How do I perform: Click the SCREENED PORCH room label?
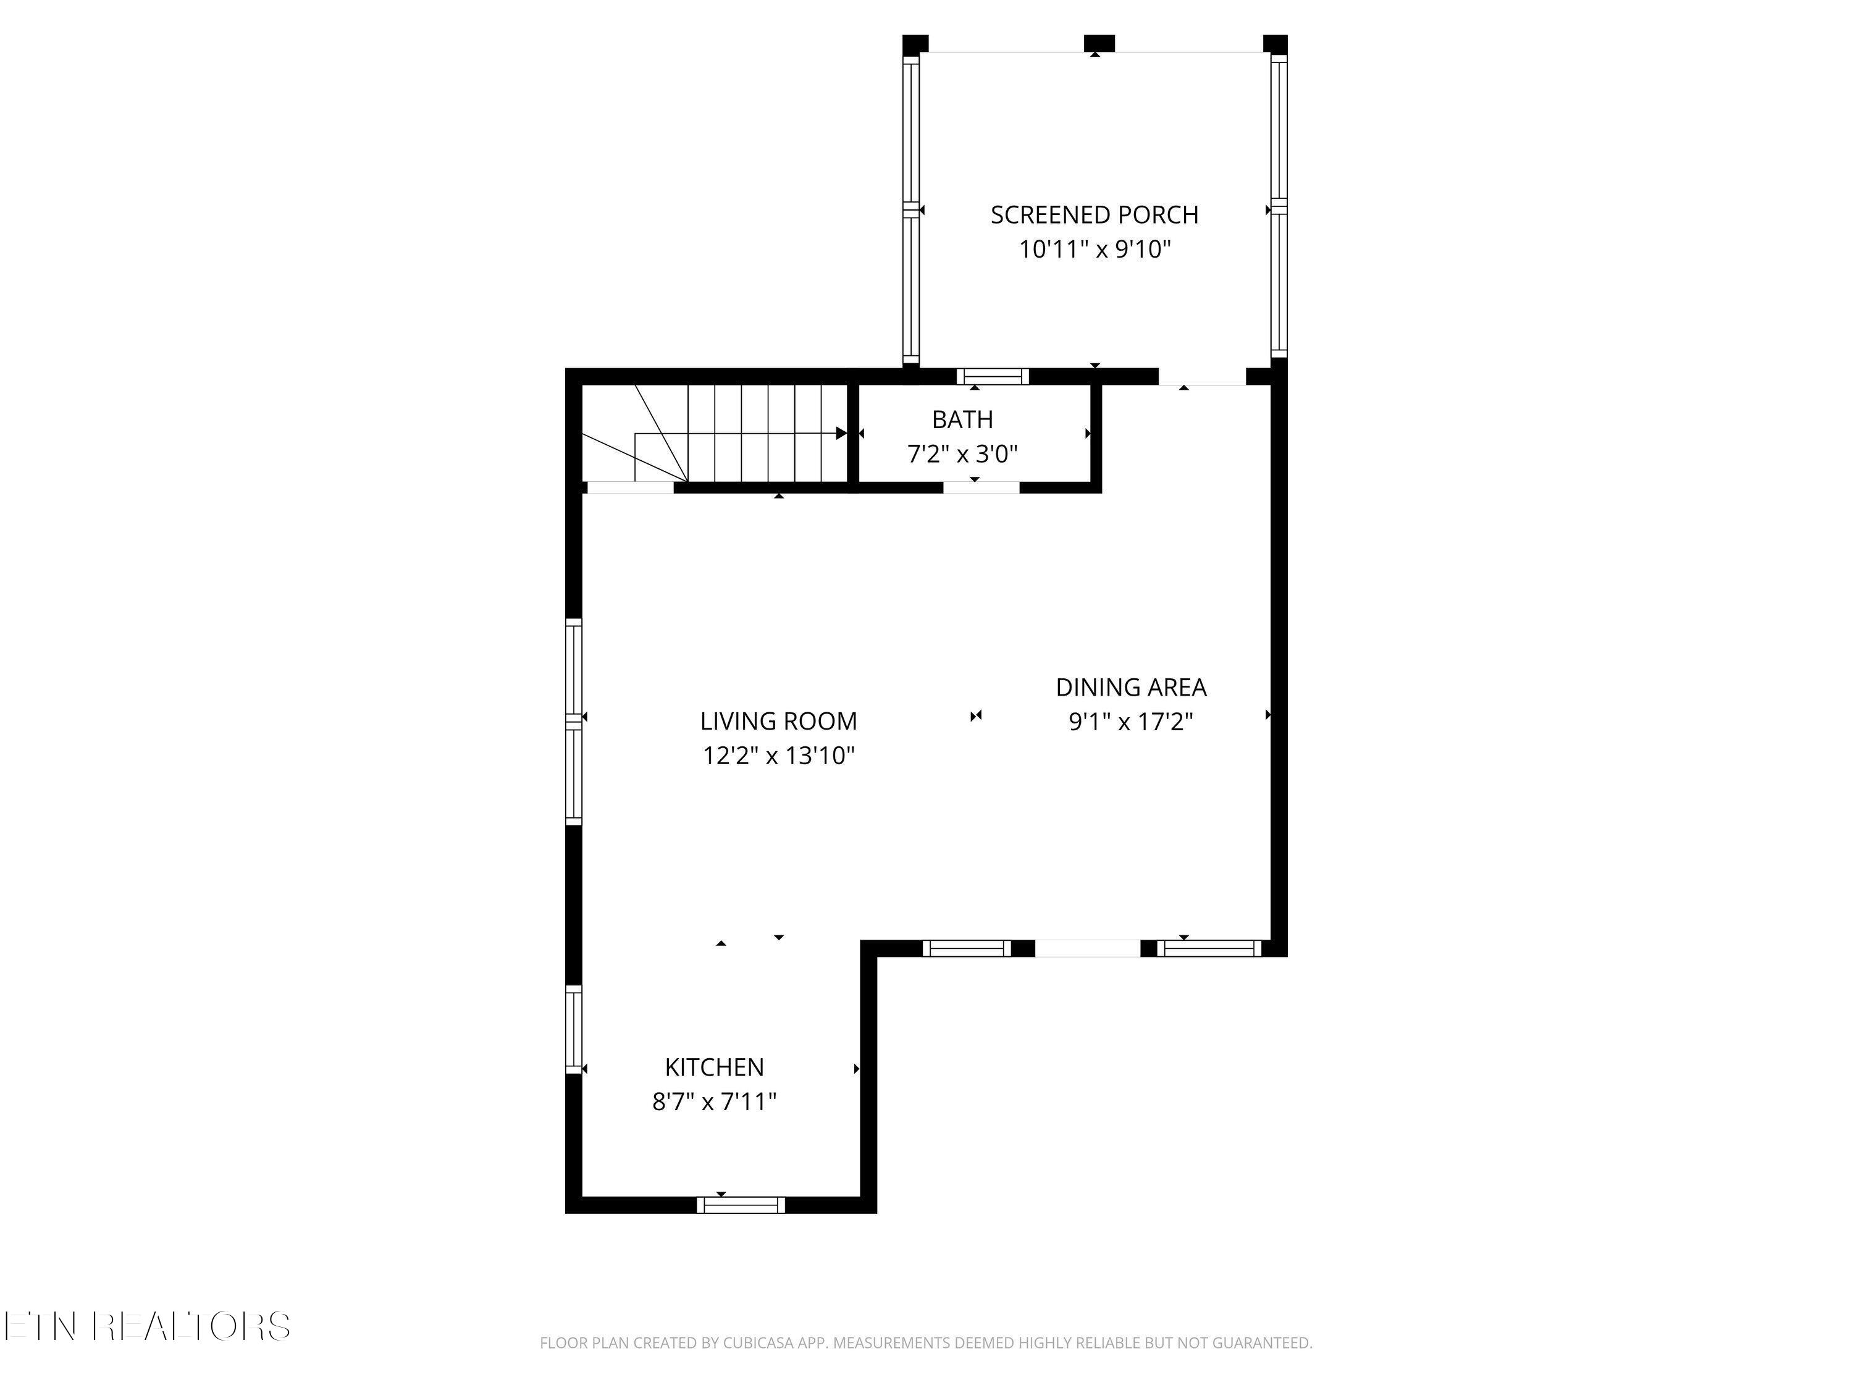[1094, 216]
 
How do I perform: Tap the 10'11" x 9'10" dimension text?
[1094, 250]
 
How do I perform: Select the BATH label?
[962, 419]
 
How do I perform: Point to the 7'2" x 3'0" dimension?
[962, 454]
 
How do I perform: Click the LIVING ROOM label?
[778, 720]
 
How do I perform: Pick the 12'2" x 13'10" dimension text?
[778, 756]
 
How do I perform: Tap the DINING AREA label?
[1131, 687]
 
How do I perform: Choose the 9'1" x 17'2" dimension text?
[1131, 722]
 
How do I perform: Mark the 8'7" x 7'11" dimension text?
[715, 1101]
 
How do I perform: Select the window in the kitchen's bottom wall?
[741, 1205]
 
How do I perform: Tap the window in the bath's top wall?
[993, 376]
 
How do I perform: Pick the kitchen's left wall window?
[574, 1029]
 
